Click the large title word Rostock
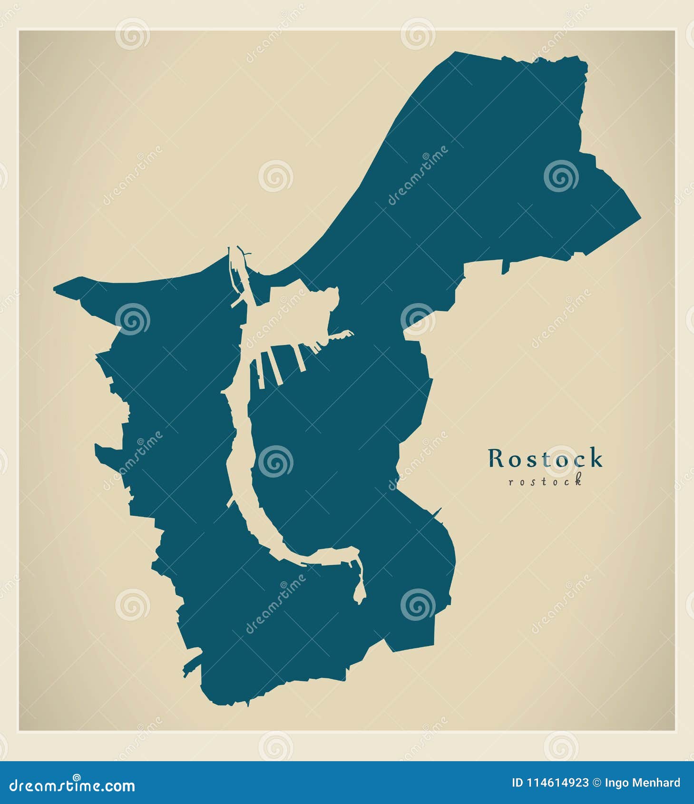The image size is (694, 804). (545, 459)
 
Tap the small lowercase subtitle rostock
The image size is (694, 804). (545, 481)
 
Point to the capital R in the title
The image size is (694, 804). (496, 459)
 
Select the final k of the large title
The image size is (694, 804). (596, 459)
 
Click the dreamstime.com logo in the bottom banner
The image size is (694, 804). (72, 785)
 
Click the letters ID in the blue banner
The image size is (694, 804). (517, 783)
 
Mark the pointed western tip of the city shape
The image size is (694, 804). (55, 288)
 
